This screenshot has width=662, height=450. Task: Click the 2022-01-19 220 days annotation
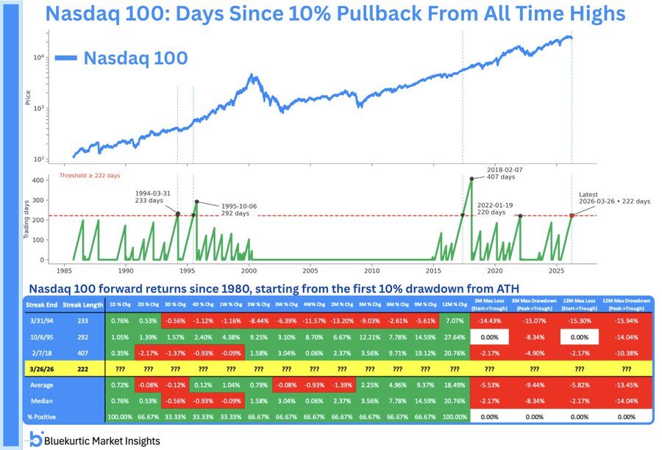click(485, 209)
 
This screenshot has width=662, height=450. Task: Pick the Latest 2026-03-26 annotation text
click(614, 198)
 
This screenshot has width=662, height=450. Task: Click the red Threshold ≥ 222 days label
click(89, 176)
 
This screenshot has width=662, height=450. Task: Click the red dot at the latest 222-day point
click(572, 215)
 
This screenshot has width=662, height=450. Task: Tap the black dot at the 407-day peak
click(471, 179)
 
